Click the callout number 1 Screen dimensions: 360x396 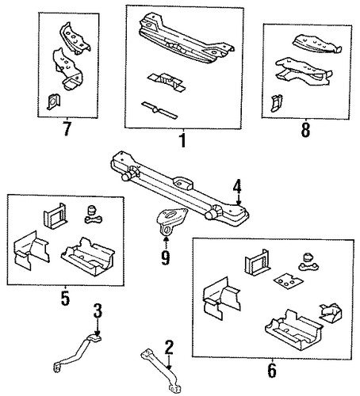click(x=182, y=140)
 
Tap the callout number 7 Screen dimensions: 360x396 click(x=67, y=128)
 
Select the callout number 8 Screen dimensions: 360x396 click(x=305, y=130)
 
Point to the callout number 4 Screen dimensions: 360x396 click(x=237, y=186)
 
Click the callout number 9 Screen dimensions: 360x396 click(x=166, y=258)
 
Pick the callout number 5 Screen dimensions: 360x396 click(x=65, y=298)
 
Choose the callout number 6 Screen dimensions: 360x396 click(x=272, y=370)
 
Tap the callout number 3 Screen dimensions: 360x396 click(x=98, y=310)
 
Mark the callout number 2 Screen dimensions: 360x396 click(x=169, y=348)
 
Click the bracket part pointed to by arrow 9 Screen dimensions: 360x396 click(x=170, y=220)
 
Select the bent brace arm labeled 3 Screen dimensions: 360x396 click(x=78, y=353)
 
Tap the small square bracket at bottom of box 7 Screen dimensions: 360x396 click(x=53, y=101)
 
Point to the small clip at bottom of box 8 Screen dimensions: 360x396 click(x=276, y=103)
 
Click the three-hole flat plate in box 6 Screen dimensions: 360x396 click(x=287, y=281)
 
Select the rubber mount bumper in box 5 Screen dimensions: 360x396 click(x=94, y=215)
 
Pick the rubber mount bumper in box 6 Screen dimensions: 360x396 click(x=308, y=262)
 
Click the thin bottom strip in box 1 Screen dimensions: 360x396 click(x=159, y=110)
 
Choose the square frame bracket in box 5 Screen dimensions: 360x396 click(x=56, y=216)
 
